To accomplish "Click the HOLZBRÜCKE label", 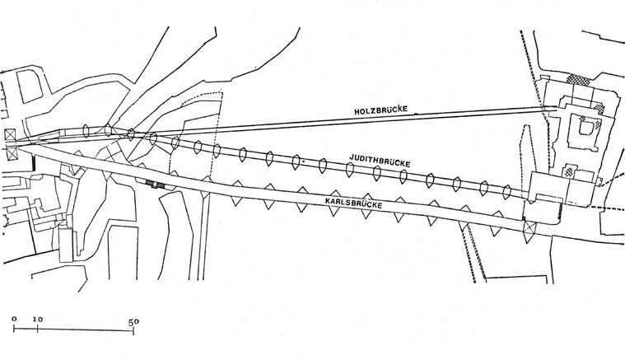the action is pyautogui.click(x=381, y=110).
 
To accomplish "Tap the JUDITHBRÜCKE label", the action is pyautogui.click(x=380, y=161).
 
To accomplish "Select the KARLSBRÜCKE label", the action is pyautogui.click(x=353, y=203).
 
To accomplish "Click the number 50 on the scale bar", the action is pyautogui.click(x=133, y=322).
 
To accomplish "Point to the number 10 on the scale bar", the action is pyautogui.click(x=38, y=320).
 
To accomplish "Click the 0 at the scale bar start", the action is pyautogui.click(x=14, y=319).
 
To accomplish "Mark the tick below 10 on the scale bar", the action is pyautogui.click(x=38, y=329).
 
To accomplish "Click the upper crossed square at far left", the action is pyautogui.click(x=10, y=134).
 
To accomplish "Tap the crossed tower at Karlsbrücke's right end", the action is pyautogui.click(x=529, y=228).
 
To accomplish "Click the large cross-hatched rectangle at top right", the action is pyautogui.click(x=578, y=80).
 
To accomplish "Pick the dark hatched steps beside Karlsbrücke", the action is pyautogui.click(x=156, y=184).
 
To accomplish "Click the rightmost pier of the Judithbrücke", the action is pyautogui.click(x=506, y=192).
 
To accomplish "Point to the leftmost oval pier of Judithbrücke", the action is pyautogui.click(x=85, y=131).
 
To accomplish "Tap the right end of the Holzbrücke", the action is pyautogui.click(x=557, y=108).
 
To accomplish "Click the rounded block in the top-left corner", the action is pyautogui.click(x=30, y=86).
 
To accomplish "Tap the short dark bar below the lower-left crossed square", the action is pyautogui.click(x=34, y=162).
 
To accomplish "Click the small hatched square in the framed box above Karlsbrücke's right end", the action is pyautogui.click(x=569, y=172).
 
